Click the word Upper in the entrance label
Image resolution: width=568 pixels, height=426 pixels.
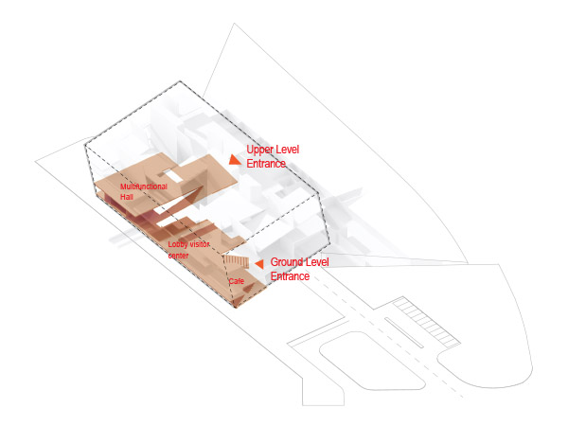coord(260,150)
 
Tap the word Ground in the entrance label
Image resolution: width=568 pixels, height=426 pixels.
coord(285,262)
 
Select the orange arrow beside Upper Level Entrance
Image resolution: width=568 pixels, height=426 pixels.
coord(235,160)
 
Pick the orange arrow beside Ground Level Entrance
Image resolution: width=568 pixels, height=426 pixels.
coord(259,264)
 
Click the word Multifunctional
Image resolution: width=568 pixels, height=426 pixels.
coord(144,186)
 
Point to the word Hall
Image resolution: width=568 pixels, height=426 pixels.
coord(127,197)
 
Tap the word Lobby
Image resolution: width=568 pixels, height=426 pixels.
coord(178,244)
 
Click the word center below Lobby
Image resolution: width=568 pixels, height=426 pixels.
coord(178,256)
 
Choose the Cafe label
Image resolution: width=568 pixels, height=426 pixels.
coord(236,281)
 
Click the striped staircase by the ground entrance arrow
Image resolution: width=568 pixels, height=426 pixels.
coord(236,261)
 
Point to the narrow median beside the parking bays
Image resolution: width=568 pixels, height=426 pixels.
coord(403,332)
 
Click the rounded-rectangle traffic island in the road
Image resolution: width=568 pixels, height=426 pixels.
coord(372,362)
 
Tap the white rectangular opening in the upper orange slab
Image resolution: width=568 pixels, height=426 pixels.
coord(171,176)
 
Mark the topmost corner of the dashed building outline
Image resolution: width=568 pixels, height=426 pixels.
coord(180,81)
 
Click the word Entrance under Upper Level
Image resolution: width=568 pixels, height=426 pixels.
coord(266,164)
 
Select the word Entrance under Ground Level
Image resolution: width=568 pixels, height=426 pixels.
coord(290,276)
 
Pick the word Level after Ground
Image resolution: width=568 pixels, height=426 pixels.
coord(315,262)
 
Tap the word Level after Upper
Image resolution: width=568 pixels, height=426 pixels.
coord(288,150)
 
